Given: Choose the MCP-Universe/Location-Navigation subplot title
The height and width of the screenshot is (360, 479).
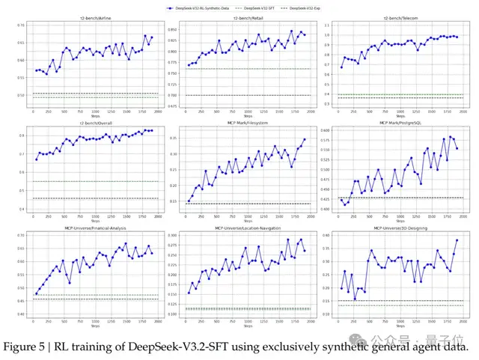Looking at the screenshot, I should click(x=239, y=228).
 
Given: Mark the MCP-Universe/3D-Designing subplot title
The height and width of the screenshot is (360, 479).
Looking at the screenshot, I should click(x=394, y=228).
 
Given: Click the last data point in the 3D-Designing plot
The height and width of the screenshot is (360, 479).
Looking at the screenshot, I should click(x=456, y=240).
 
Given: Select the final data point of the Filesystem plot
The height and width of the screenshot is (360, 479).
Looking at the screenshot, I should click(x=304, y=138).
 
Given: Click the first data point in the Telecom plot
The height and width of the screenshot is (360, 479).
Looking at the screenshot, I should click(x=341, y=67).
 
